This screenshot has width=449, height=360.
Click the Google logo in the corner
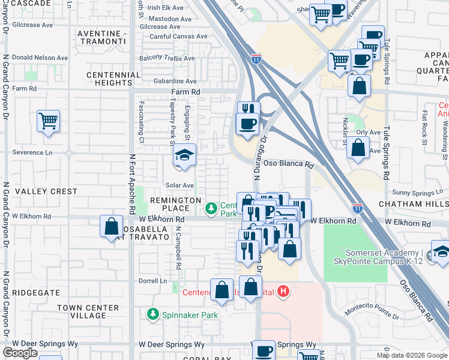[x=20, y=353]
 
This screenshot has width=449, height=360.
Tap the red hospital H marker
[x=284, y=292]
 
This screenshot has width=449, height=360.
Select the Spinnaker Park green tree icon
[x=153, y=314]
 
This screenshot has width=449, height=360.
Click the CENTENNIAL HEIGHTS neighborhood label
[x=113, y=79]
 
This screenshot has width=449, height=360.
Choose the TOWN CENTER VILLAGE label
[x=82, y=311]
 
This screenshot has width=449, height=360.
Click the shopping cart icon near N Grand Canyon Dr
[x=49, y=121]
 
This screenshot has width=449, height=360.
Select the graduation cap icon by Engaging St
[x=185, y=155]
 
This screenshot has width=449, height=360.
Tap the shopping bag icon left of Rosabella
[x=112, y=227]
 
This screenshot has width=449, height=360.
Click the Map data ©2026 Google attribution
[x=412, y=355]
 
